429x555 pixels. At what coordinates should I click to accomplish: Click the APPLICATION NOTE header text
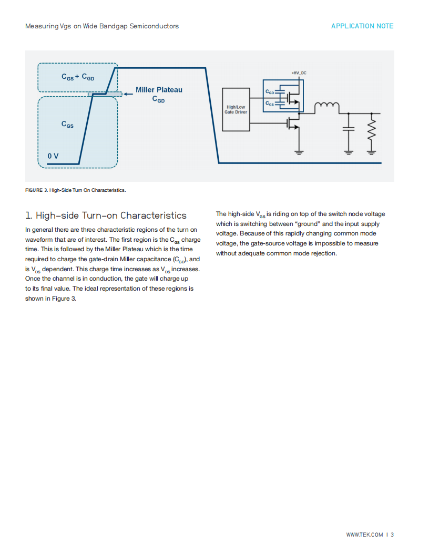click(362, 26)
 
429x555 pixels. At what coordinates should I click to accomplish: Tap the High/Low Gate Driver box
click(236, 109)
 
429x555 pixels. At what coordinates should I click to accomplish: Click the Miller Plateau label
click(159, 90)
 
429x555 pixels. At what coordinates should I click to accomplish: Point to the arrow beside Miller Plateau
click(128, 94)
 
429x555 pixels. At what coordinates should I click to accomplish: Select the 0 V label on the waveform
click(53, 156)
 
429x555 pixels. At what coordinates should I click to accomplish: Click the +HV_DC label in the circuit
click(299, 73)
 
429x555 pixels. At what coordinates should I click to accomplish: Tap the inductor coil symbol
click(326, 106)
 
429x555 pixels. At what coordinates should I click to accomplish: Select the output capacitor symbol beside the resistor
click(349, 128)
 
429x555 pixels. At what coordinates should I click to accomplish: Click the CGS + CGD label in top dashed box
click(78, 77)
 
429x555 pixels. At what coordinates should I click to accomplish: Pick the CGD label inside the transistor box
click(270, 92)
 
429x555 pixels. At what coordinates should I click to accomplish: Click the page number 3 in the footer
click(392, 535)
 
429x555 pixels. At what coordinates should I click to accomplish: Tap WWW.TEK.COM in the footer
click(364, 535)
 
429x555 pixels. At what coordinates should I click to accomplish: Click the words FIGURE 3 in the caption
click(36, 190)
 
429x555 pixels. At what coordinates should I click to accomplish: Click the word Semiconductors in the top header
click(154, 26)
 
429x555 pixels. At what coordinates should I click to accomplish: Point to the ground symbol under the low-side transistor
click(299, 152)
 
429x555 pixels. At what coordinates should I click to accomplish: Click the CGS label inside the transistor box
click(270, 104)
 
